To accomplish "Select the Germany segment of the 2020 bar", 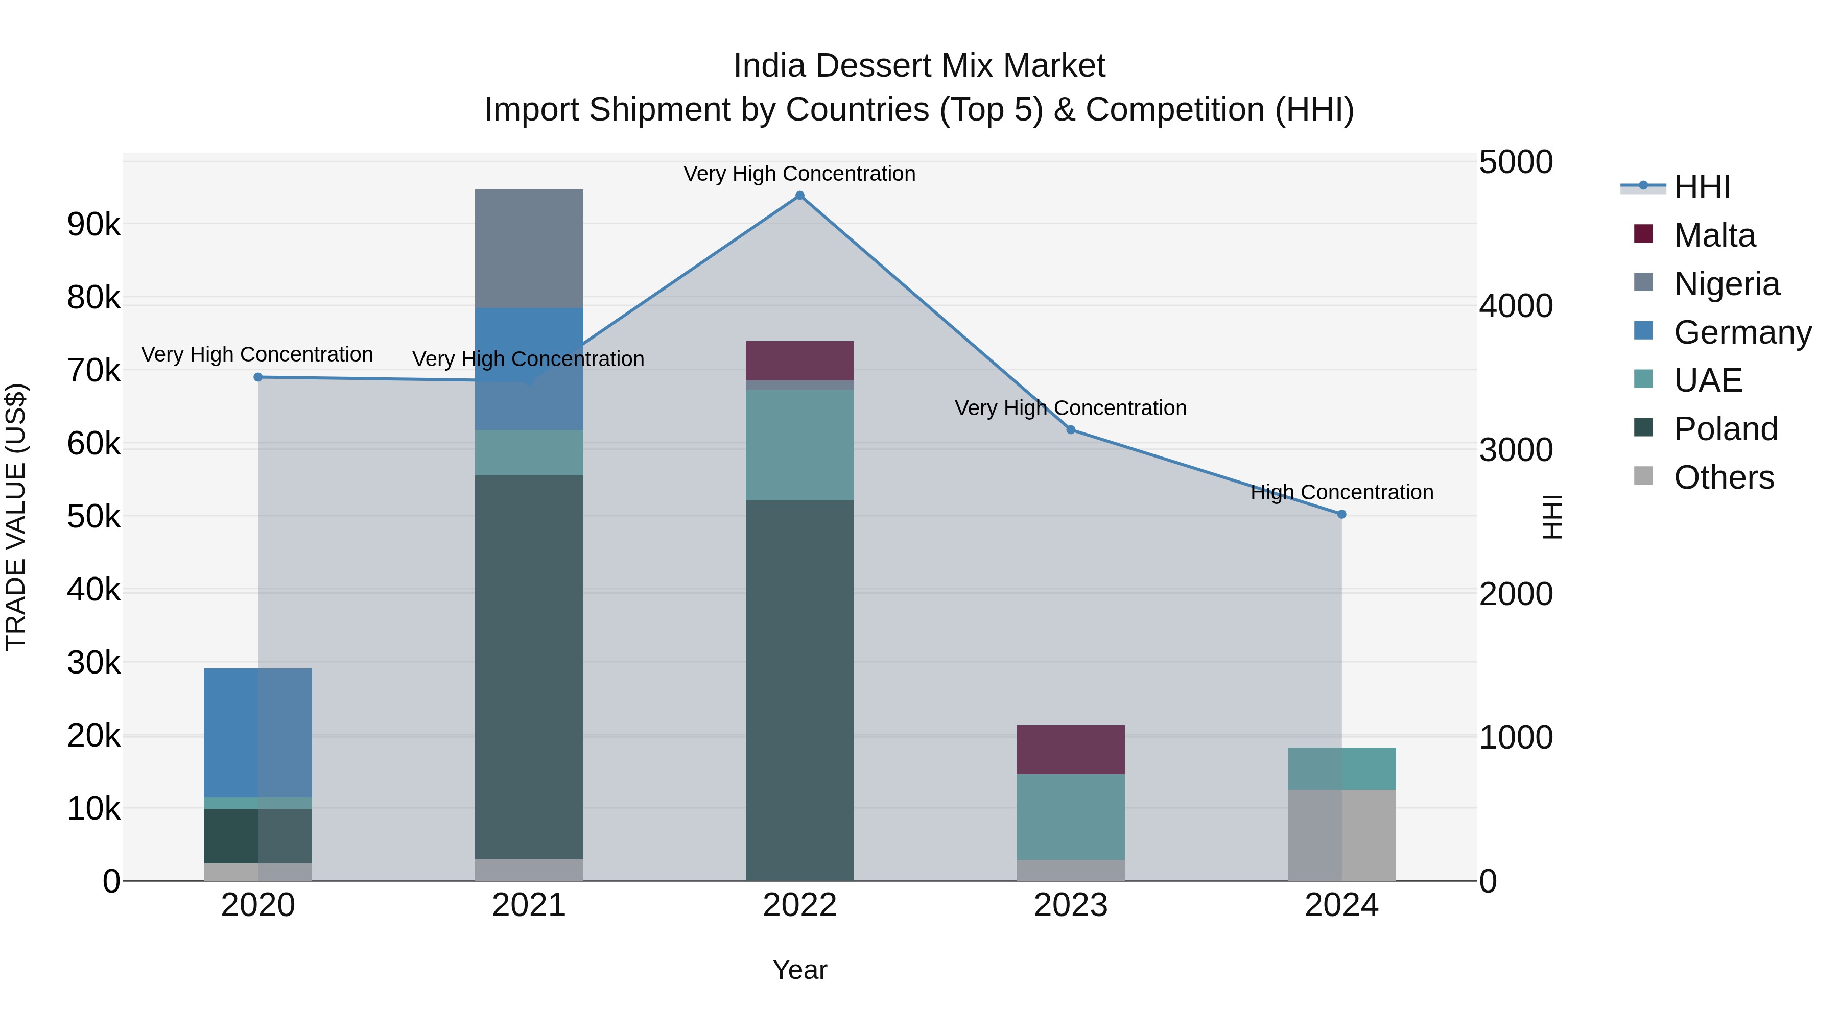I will click(x=258, y=732).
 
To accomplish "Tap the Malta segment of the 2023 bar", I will click(x=1070, y=749).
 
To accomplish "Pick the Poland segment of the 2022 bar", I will click(x=799, y=690).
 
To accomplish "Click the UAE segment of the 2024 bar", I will click(x=1341, y=768).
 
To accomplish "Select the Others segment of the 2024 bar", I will click(x=1341, y=835).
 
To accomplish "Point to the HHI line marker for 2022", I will click(x=799, y=196).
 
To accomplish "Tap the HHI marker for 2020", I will click(x=258, y=377).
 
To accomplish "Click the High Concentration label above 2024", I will click(x=1341, y=492).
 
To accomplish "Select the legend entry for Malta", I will click(x=1713, y=235).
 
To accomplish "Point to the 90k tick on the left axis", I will click(x=93, y=225).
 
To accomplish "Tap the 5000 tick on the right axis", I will click(x=1515, y=162).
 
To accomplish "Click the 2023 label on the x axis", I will click(x=1070, y=905).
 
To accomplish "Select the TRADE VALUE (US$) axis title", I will click(x=16, y=517).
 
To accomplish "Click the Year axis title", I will click(x=799, y=970).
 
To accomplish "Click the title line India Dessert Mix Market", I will click(x=919, y=66).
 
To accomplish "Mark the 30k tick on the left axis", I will click(x=93, y=663).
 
